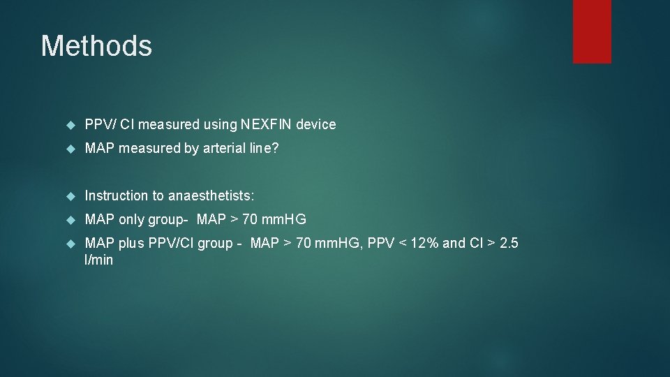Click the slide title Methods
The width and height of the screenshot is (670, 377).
tap(96, 46)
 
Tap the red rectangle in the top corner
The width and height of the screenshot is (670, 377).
tap(592, 31)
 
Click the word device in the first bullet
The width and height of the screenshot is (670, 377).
tap(315, 125)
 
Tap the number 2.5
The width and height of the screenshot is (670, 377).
tap(509, 244)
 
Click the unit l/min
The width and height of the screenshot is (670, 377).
tap(98, 260)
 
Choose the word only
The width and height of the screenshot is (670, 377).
tap(131, 220)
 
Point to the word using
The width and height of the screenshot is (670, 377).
tap(220, 125)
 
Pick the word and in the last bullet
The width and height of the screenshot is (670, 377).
tap(454, 244)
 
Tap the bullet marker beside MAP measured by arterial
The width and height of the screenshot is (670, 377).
tap(69, 149)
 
